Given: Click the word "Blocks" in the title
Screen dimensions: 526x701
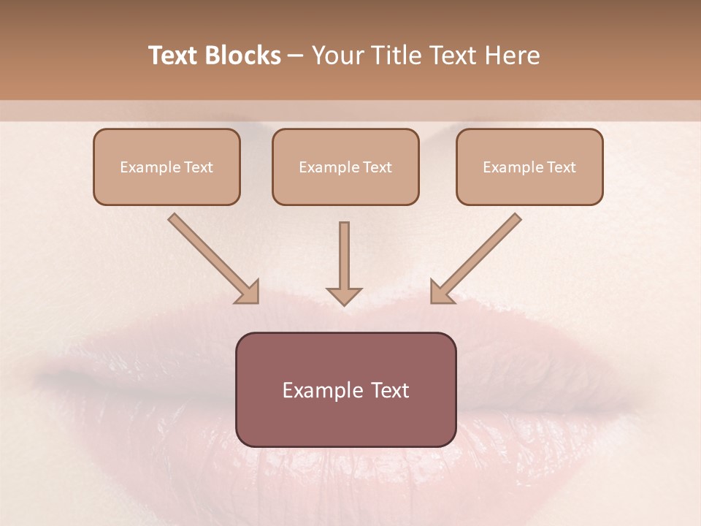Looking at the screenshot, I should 243,56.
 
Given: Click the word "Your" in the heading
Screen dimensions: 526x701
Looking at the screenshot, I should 337,56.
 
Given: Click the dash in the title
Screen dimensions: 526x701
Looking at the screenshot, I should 296,56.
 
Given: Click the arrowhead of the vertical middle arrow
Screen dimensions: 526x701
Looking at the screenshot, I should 344,295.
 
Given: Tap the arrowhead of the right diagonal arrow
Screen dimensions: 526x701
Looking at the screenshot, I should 440,292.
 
